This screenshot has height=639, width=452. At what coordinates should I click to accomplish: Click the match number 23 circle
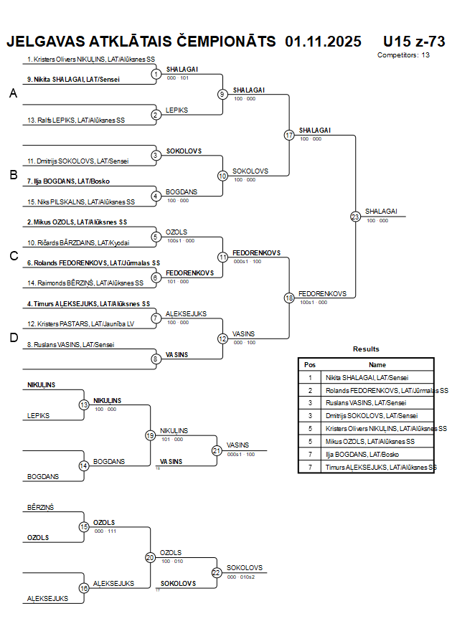pos(355,217)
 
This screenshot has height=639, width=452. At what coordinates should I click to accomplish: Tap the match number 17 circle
pos(289,135)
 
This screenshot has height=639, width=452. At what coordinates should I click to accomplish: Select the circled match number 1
pos(156,74)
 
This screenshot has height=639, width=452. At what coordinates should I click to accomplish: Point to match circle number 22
pos(217,572)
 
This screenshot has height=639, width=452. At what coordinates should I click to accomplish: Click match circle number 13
pos(84,405)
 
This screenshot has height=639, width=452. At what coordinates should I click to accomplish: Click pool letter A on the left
pos(13,93)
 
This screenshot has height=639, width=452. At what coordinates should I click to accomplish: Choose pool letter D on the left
pos(13,338)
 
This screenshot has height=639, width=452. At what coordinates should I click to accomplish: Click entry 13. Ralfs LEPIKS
pos(80,120)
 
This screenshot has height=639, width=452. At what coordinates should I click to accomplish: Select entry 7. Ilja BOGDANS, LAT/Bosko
pos(68,181)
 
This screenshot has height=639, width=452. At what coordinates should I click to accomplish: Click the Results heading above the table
pos(366,349)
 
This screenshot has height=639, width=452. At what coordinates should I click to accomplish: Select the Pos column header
pos(310,364)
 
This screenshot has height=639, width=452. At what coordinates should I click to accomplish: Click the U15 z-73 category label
pos(414,42)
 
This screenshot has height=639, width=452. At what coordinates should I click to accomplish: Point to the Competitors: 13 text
pos(403,55)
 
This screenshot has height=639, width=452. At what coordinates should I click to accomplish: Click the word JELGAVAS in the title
pos(46,42)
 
